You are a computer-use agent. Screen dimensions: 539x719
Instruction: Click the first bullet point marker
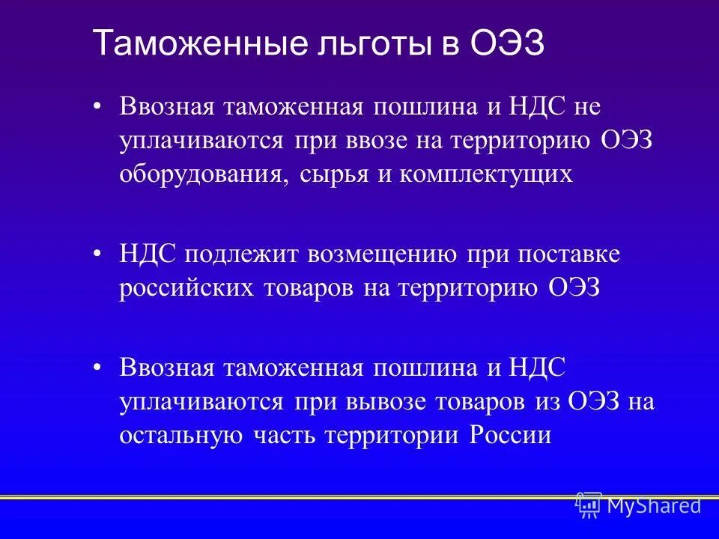pyautogui.click(x=97, y=107)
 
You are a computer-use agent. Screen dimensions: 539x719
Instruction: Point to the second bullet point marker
pyautogui.click(x=97, y=255)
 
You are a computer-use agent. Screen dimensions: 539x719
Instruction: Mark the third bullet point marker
pyautogui.click(x=97, y=368)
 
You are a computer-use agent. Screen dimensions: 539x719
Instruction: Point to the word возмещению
pyautogui.click(x=380, y=255)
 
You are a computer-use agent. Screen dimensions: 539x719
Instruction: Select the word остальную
pyautogui.click(x=180, y=436)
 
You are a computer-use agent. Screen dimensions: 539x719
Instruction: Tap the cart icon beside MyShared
pyautogui.click(x=589, y=505)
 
